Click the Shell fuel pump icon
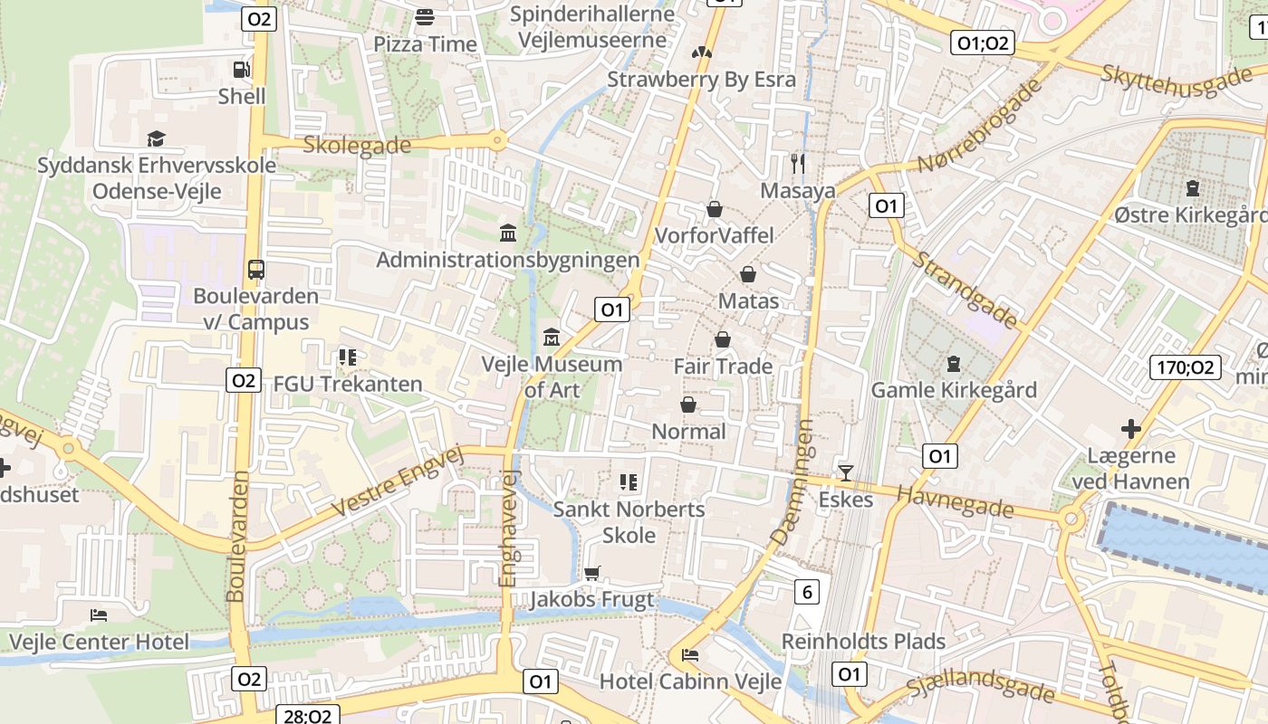pyautogui.click(x=241, y=69)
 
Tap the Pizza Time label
pyautogui.click(x=425, y=44)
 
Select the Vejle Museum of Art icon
pyautogui.click(x=551, y=338)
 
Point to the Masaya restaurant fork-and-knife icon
pyautogui.click(x=798, y=163)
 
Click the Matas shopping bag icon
pyautogui.click(x=748, y=273)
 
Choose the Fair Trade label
pyautogui.click(x=723, y=367)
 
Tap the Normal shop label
pyautogui.click(x=688, y=432)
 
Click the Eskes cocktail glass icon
pyautogui.click(x=846, y=472)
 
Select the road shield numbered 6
pyautogui.click(x=807, y=592)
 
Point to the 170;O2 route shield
pyautogui.click(x=1186, y=367)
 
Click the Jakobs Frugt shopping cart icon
pyautogui.click(x=592, y=572)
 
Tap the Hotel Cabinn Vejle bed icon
pyautogui.click(x=690, y=654)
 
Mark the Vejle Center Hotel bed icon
pyautogui.click(x=99, y=615)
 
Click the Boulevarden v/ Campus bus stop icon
pyautogui.click(x=256, y=269)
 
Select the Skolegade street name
pyautogui.click(x=357, y=145)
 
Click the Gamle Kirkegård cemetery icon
pyautogui.click(x=953, y=364)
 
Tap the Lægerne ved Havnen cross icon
pyautogui.click(x=1130, y=428)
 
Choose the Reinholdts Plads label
pyautogui.click(x=863, y=642)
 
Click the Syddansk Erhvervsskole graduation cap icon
pyautogui.click(x=157, y=138)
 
